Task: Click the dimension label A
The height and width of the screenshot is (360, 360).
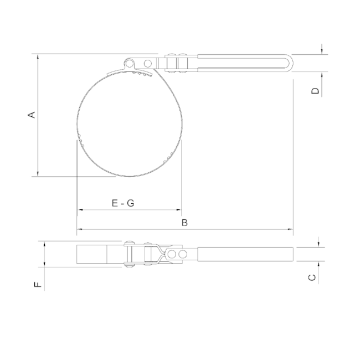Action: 32,115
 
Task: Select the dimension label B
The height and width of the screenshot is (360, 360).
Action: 185,223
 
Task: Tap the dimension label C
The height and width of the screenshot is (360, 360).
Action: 312,277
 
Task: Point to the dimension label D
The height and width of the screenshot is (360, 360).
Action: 315,91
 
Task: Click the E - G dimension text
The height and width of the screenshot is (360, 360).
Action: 123,203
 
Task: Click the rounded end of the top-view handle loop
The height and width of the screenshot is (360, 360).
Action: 288,63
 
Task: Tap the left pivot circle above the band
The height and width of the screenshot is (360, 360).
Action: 129,63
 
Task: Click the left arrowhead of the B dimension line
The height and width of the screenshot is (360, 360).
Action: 79,229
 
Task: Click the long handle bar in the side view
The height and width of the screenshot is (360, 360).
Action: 246,254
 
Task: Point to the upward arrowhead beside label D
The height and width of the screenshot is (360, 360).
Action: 321,75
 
